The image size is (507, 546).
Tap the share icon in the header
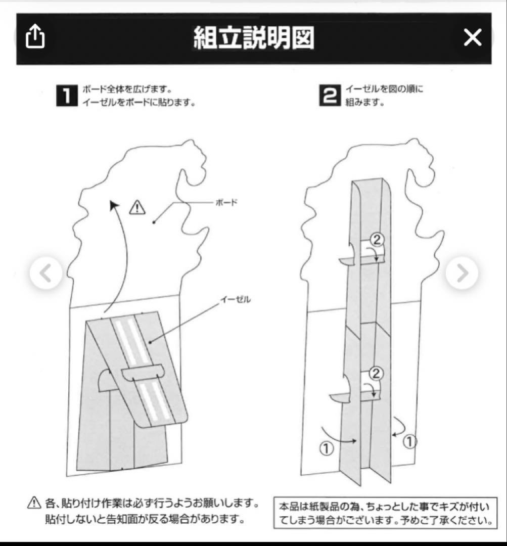(35, 37)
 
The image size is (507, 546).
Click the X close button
(473, 37)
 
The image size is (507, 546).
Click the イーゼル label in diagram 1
(235, 299)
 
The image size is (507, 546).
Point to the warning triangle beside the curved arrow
(137, 207)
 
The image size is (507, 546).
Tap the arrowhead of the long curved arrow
(115, 205)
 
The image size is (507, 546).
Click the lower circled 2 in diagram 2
(376, 374)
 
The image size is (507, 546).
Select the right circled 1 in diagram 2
(410, 441)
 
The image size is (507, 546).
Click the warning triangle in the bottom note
(34, 503)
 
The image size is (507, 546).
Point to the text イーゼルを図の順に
(384, 89)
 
